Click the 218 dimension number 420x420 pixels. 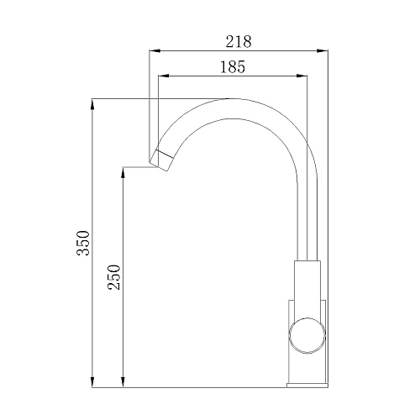click(239, 42)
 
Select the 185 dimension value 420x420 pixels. click(233, 67)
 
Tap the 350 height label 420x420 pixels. click(83, 243)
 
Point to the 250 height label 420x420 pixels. click(114, 277)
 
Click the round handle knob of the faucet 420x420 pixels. click(307, 335)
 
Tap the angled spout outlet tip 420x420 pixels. click(161, 160)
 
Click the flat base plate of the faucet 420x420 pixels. click(307, 386)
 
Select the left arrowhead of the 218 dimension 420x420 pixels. click(155, 51)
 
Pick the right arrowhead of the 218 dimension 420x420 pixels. click(323, 51)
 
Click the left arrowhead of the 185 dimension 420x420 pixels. click(164, 76)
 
